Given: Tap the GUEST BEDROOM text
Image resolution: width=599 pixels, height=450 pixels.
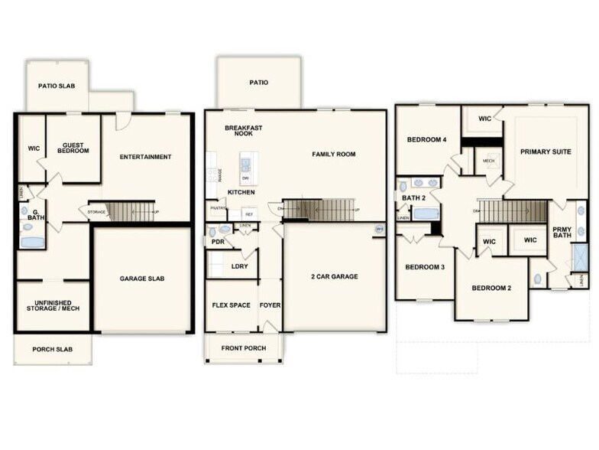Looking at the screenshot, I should point(73,148).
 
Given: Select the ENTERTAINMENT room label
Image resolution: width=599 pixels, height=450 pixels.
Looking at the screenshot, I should point(145,157).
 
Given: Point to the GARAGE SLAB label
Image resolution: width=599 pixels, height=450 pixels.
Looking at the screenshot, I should point(142,279).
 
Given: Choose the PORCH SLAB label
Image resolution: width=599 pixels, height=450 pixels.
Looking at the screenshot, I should point(52,350).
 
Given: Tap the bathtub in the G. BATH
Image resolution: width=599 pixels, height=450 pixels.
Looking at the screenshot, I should point(32,242).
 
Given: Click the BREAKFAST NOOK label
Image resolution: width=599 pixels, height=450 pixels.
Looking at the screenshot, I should point(243,130).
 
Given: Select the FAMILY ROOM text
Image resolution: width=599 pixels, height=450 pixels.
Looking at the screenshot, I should point(334,154).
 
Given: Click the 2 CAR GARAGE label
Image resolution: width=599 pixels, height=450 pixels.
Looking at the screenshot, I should point(335,276).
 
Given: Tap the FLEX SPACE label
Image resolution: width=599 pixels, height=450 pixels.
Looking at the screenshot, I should point(231,305).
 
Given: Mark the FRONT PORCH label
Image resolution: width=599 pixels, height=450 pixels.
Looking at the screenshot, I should point(243,349).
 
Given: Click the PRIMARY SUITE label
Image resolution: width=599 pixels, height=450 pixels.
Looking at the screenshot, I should point(546,152).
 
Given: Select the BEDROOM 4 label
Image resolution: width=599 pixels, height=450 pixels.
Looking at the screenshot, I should point(426,139).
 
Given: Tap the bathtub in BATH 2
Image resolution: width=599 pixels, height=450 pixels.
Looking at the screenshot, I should point(426,214).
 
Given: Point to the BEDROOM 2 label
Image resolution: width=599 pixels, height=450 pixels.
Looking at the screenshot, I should point(491,288).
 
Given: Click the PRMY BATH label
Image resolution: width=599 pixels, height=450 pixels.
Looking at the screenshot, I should point(561,231).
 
